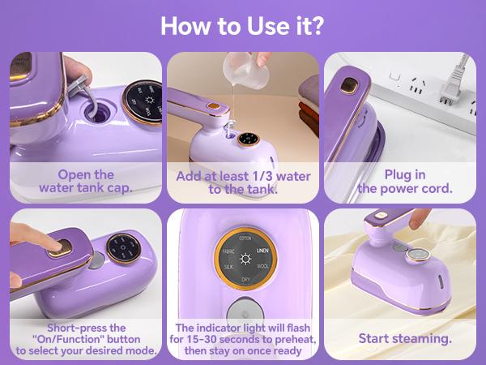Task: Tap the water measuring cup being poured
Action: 246,71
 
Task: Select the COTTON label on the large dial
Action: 245,238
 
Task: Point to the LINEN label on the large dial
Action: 262,250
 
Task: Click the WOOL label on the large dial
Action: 262,266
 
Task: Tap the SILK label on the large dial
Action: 228,267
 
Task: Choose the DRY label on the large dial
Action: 245,280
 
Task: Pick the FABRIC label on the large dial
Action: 228,251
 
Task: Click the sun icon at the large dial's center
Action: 245,259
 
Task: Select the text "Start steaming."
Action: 405,338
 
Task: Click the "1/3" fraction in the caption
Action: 262,176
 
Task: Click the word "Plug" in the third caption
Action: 396,175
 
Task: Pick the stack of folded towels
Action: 309,105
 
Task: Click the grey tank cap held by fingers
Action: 77,85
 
